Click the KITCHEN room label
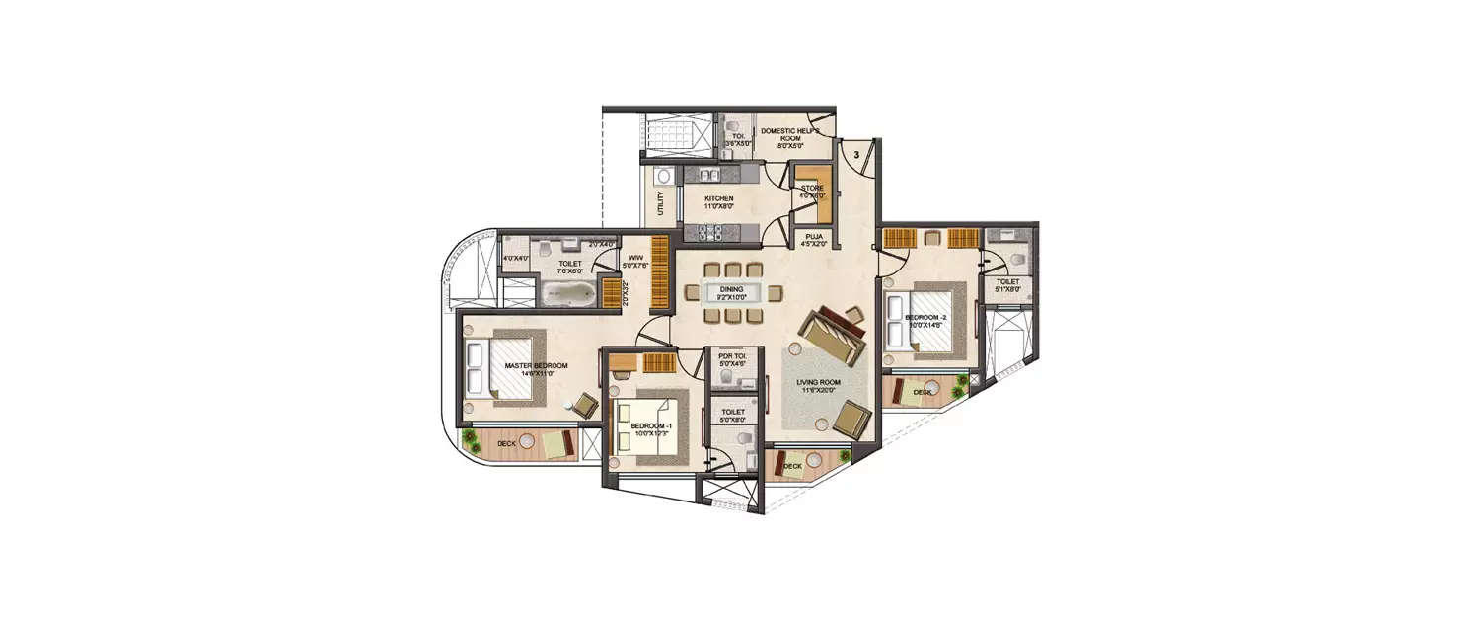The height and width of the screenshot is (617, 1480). coord(718,198)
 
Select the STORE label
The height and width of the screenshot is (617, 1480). coord(812,188)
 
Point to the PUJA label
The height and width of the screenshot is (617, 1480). coord(814,237)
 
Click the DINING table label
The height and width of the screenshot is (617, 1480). coord(731,289)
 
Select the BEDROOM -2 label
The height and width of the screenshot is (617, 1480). coord(925,317)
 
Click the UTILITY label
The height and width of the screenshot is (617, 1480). coord(660,204)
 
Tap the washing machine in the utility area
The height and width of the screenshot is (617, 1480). coord(663,177)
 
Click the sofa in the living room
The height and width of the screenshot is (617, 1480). coord(830,335)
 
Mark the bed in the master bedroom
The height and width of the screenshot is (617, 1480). coord(499,367)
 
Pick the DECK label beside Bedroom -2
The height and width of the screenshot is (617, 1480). coord(922,392)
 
